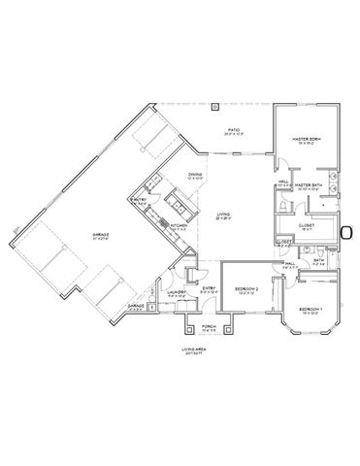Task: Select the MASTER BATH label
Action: click(309, 183)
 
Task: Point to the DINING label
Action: click(195, 175)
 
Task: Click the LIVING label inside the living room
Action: click(221, 216)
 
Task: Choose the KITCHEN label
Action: click(179, 226)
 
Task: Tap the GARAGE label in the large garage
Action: click(100, 236)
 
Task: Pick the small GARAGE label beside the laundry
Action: click(136, 305)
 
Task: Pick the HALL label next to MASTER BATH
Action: click(283, 182)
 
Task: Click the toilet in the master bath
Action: click(280, 209)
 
